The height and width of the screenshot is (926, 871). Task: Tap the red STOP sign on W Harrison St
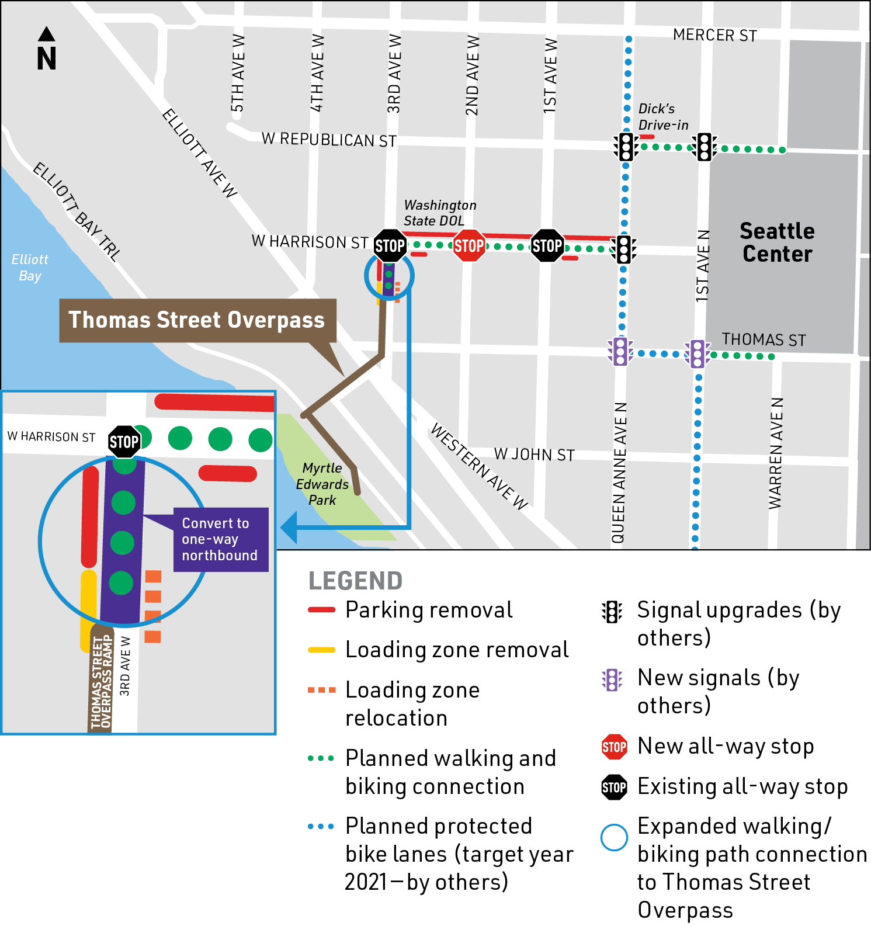pyautogui.click(x=469, y=246)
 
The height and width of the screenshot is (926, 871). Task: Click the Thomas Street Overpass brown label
pyautogui.click(x=197, y=320)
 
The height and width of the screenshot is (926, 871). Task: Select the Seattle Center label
pyautogui.click(x=777, y=242)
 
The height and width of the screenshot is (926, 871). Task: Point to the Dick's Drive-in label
pyautogui.click(x=663, y=117)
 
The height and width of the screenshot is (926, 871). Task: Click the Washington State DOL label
pyautogui.click(x=440, y=213)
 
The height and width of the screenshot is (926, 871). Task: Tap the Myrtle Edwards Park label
pyautogui.click(x=322, y=484)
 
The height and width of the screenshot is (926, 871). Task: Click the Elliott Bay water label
pyautogui.click(x=30, y=267)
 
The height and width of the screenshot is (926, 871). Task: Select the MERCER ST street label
pyautogui.click(x=714, y=36)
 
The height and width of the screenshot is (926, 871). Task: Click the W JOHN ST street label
pyautogui.click(x=534, y=455)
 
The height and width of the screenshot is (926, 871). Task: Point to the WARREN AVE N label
pyautogui.click(x=775, y=453)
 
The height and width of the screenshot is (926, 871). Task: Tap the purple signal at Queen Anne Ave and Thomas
pyautogui.click(x=620, y=351)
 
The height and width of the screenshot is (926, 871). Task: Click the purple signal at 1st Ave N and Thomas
pyautogui.click(x=698, y=353)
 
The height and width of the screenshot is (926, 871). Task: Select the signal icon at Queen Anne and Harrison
pyautogui.click(x=624, y=249)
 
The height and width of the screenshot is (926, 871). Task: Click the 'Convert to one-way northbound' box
pyautogui.click(x=220, y=539)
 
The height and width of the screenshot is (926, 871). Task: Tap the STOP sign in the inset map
pyautogui.click(x=124, y=442)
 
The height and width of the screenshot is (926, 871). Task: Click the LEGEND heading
pyautogui.click(x=355, y=581)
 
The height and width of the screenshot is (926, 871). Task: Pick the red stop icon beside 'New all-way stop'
pyautogui.click(x=614, y=747)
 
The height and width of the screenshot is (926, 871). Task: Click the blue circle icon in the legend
pyautogui.click(x=614, y=838)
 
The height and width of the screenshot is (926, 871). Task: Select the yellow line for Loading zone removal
pyautogui.click(x=322, y=650)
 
